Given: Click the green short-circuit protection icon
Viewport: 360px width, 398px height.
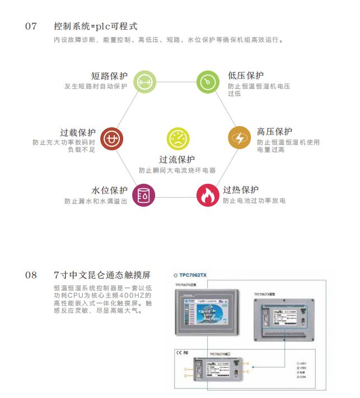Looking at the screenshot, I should click(x=144, y=81).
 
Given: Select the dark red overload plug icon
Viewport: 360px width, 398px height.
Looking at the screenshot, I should click(x=111, y=138).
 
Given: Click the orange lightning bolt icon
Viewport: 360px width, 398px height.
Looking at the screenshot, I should click(x=239, y=138).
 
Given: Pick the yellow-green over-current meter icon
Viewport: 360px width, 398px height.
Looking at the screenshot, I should click(x=177, y=138).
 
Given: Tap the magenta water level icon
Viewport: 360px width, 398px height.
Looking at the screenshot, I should click(x=144, y=195).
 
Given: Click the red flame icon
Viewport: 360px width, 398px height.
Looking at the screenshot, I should click(x=207, y=195).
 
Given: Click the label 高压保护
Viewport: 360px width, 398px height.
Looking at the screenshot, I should click(x=274, y=132).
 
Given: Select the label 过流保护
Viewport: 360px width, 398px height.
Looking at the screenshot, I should click(x=177, y=160).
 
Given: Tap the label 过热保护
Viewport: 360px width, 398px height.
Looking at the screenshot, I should click(x=241, y=189).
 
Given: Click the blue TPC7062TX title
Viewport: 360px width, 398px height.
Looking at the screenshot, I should click(x=193, y=275).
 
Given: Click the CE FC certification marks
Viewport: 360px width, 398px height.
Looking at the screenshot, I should click(x=183, y=353).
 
